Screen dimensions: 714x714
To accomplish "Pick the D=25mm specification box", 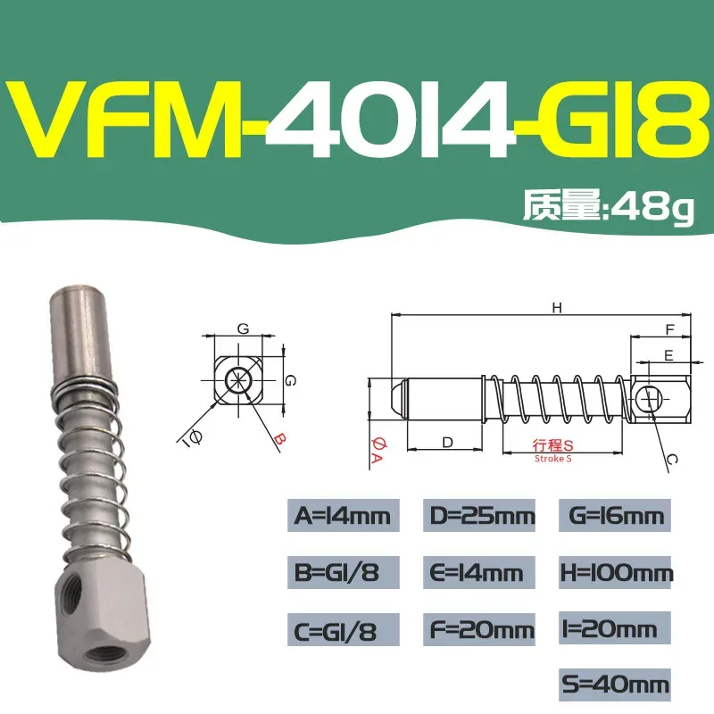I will point(477,515).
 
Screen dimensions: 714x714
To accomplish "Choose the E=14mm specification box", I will point(477,571).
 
